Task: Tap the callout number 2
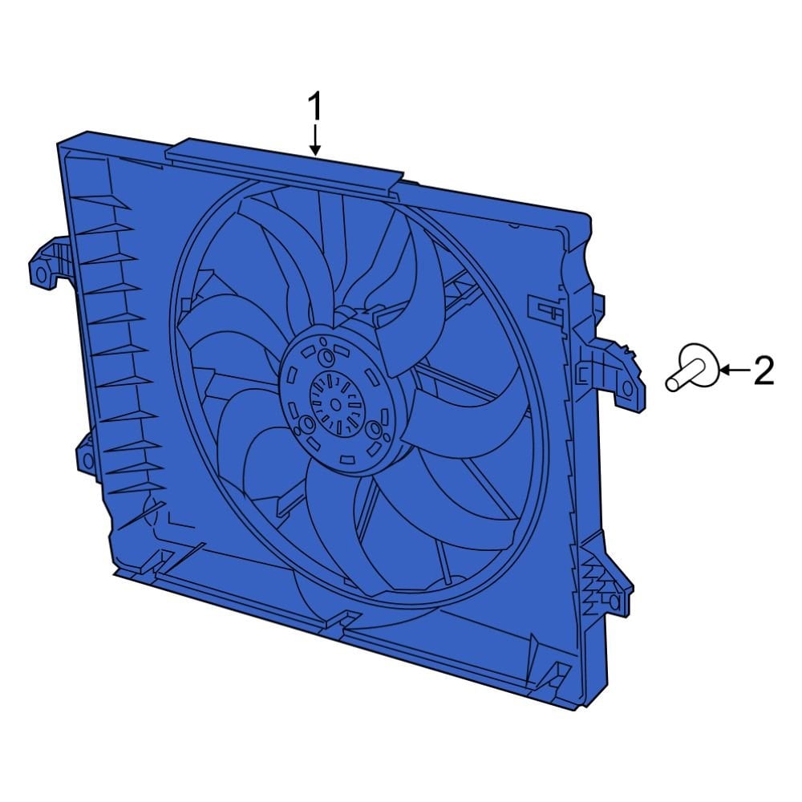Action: (763, 371)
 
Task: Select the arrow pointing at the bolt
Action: (733, 370)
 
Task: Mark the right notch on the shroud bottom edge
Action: (556, 669)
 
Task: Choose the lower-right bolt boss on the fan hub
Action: (373, 431)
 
